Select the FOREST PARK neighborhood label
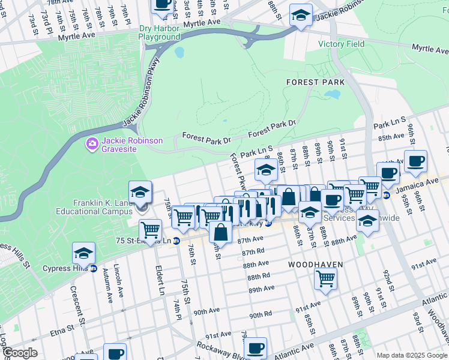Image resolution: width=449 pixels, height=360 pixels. click(315, 82)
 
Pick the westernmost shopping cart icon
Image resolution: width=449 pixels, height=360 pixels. click(150, 229)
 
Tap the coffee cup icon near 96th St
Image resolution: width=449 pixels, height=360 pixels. click(415, 161)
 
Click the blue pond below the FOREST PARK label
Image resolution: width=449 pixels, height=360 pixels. click(332, 94)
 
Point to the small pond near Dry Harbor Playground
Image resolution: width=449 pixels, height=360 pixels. click(179, 53)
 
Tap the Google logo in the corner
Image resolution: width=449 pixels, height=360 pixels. click(20, 353)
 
